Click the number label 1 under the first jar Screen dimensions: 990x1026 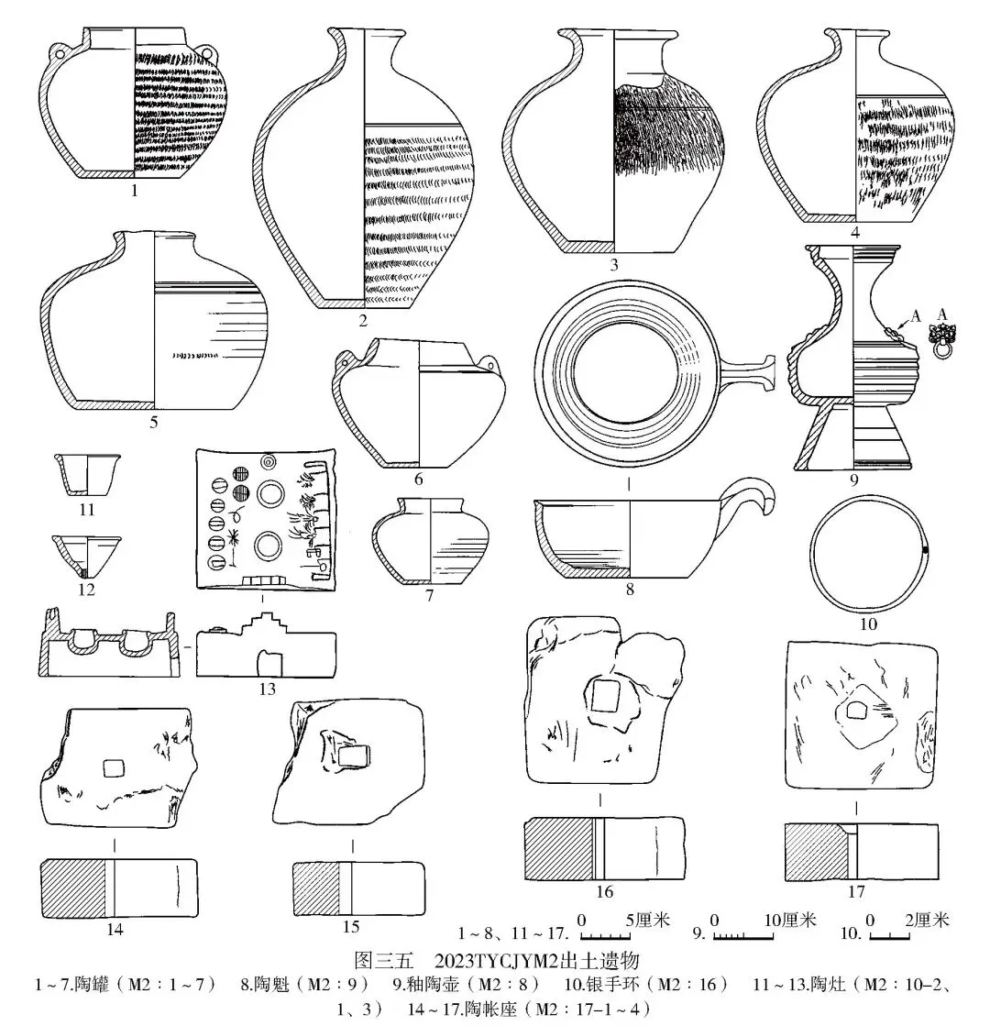[135, 193]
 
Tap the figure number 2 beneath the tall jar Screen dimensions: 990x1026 [363, 320]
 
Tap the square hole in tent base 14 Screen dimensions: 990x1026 [113, 768]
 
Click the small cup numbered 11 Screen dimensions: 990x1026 [88, 472]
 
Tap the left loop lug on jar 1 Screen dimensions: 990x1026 [60, 52]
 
